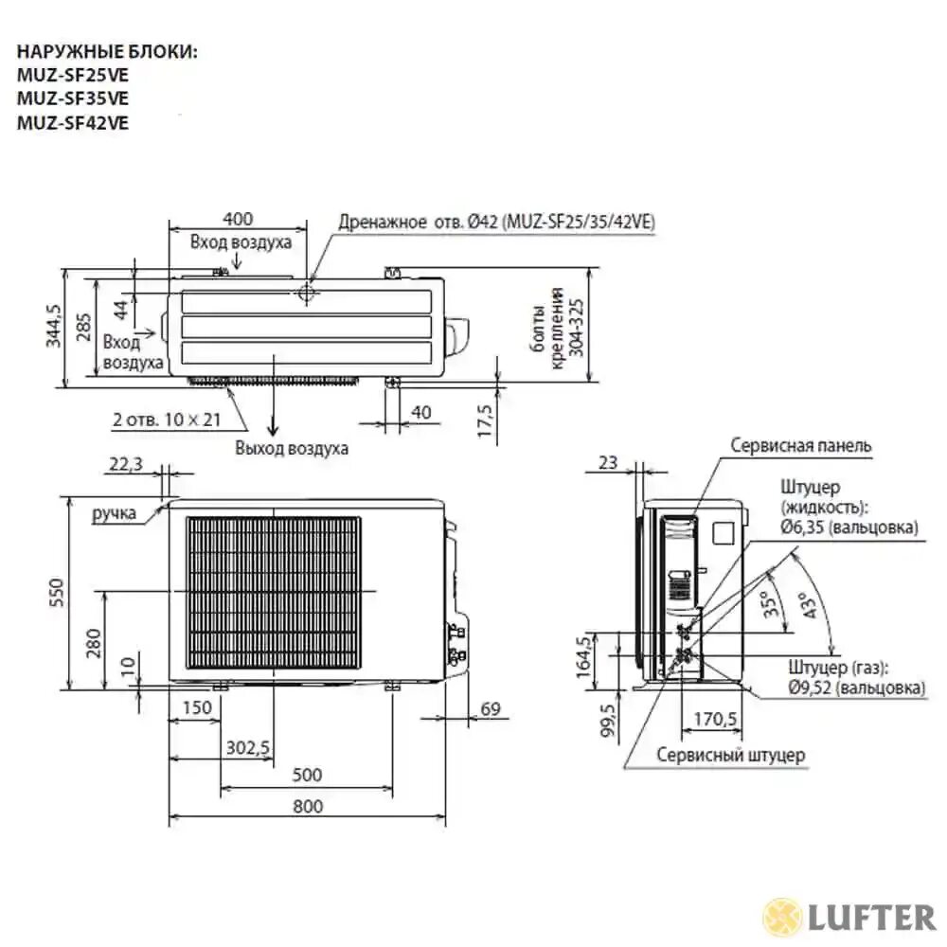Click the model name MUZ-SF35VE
pyautogui.click(x=73, y=98)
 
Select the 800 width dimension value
pyautogui.click(x=307, y=806)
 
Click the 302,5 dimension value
pyautogui.click(x=248, y=748)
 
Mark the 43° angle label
pyautogui.click(x=806, y=605)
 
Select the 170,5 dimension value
pyautogui.click(x=715, y=720)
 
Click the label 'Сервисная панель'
pyautogui.click(x=801, y=445)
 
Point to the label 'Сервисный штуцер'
pyautogui.click(x=730, y=755)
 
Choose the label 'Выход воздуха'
pyautogui.click(x=292, y=448)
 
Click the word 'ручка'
pyautogui.click(x=115, y=514)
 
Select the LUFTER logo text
pyautogui.click(x=870, y=917)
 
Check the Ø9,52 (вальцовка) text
pyautogui.click(x=856, y=688)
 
